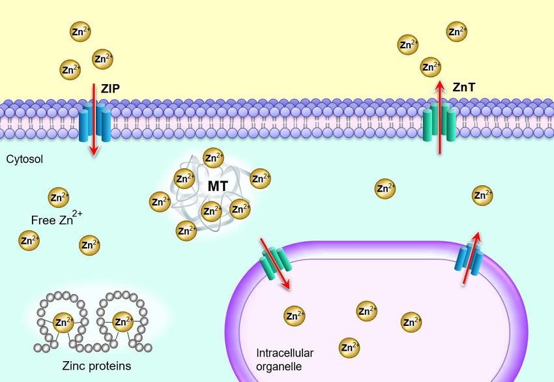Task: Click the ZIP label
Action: pos(109,88)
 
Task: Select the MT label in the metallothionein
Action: pos(217,186)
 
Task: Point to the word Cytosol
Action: pos(25,158)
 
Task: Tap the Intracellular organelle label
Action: pos(285,359)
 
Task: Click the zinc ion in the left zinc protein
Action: pos(63,321)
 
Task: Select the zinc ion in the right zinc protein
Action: pos(122,321)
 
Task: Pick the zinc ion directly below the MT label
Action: pos(210,211)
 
